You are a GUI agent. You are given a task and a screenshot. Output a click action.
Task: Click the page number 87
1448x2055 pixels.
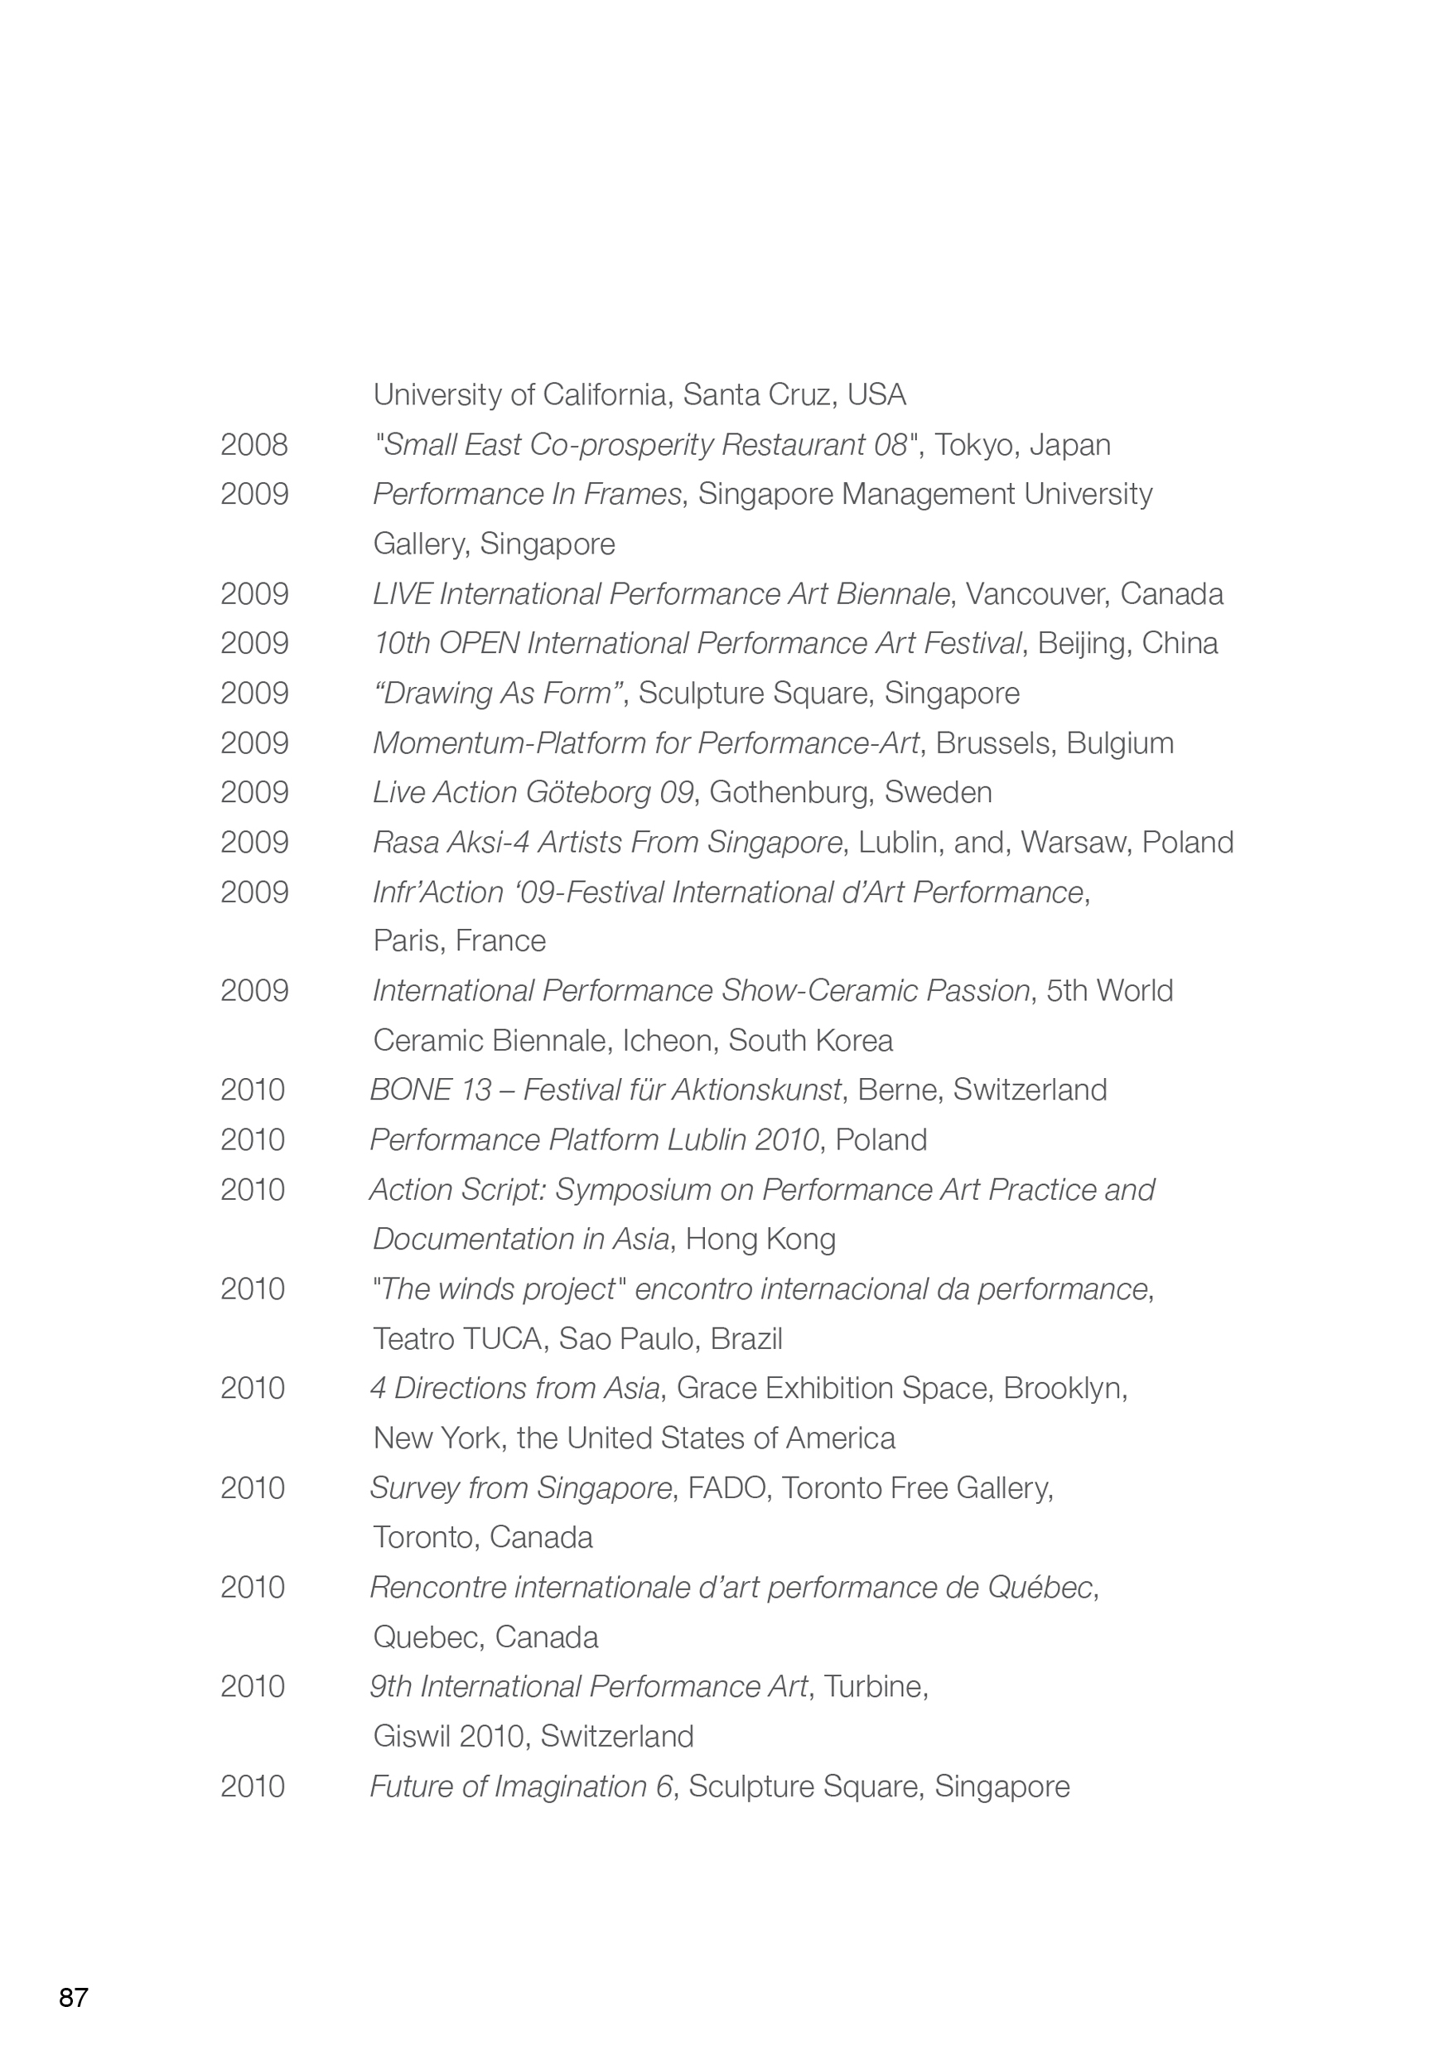pyautogui.click(x=74, y=1998)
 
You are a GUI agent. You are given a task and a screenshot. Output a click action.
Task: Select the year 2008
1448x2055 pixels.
pyautogui.click(x=254, y=445)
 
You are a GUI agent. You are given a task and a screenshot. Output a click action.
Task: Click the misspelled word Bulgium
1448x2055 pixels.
pyautogui.click(x=1120, y=743)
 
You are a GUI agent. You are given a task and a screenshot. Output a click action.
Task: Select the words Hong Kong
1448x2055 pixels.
pyautogui.click(x=760, y=1239)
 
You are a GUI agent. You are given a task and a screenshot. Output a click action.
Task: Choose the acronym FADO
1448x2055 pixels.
pyautogui.click(x=726, y=1487)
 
